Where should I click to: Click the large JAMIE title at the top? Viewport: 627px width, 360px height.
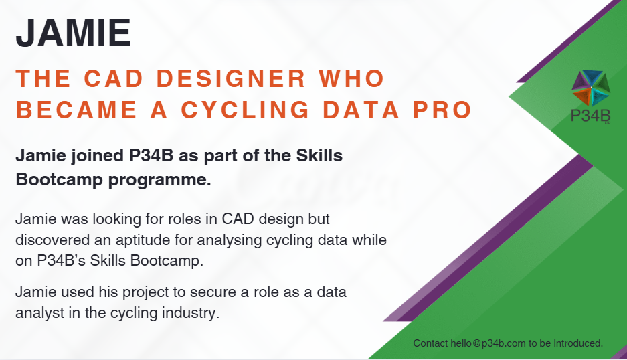[x=74, y=33]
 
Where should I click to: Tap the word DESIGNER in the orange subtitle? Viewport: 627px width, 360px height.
[x=231, y=78]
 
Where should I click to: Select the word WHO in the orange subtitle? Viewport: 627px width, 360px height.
[x=352, y=78]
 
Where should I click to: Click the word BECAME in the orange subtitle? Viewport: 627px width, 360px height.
[x=76, y=110]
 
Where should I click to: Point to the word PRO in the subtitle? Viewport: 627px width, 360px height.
[x=442, y=110]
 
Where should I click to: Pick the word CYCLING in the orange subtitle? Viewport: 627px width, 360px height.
[x=246, y=110]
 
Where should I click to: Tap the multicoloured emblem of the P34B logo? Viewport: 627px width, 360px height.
[x=591, y=88]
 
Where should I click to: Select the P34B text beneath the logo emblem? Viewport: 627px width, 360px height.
[x=591, y=116]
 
